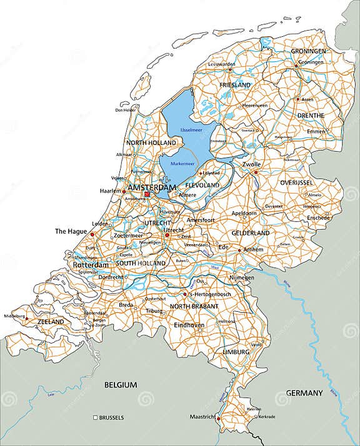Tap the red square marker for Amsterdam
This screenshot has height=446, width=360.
tap(147, 194)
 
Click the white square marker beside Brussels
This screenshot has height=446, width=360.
tap(95, 417)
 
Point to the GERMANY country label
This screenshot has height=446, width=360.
tap(304, 393)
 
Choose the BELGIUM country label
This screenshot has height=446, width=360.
tap(121, 385)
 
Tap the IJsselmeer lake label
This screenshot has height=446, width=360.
tap(191, 130)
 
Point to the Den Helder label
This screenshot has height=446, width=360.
tap(126, 110)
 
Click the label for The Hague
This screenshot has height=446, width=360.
tap(70, 231)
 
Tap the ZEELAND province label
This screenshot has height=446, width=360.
tap(51, 322)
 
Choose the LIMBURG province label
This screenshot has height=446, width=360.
tap(235, 353)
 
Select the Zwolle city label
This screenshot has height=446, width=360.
tap(251, 164)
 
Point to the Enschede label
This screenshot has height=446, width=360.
tap(318, 217)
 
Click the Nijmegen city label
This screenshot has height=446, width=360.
tap(241, 277)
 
